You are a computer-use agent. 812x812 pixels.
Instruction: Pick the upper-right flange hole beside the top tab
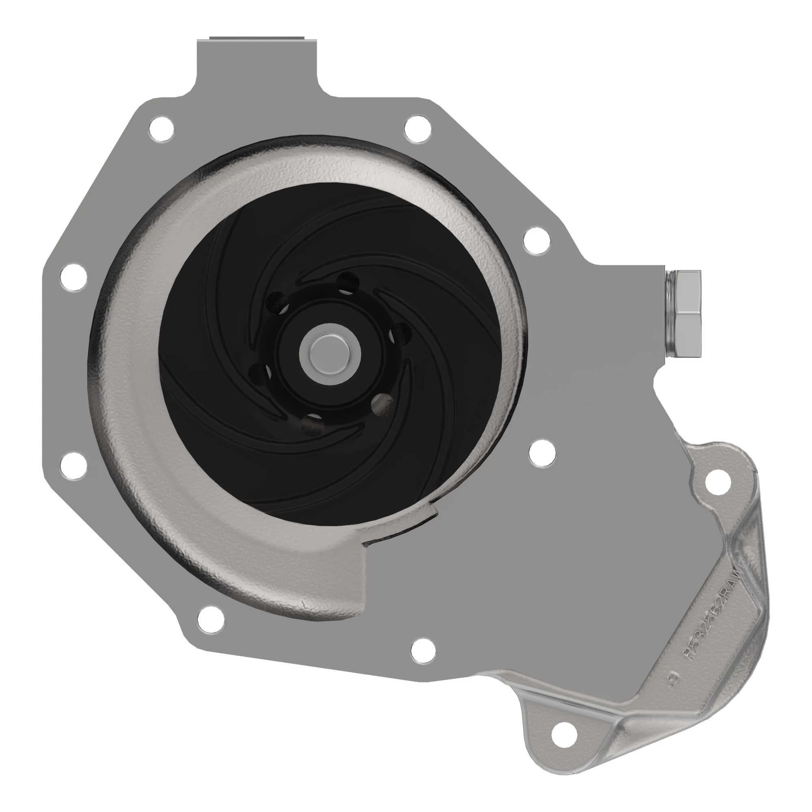click(417, 128)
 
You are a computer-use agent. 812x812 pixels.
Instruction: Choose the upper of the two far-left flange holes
click(73, 277)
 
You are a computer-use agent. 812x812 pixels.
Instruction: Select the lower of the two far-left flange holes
click(73, 465)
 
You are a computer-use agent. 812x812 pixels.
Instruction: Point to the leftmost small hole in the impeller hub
click(259, 373)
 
